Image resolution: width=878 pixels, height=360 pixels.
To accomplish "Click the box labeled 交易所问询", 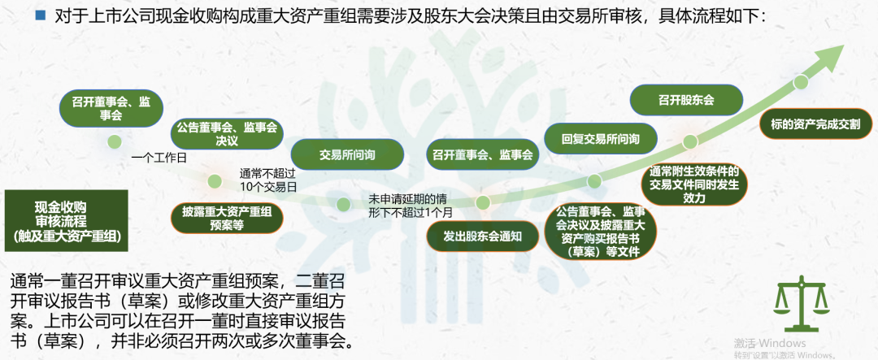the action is [347, 155].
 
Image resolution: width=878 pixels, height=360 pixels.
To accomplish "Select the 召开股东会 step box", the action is [686, 100].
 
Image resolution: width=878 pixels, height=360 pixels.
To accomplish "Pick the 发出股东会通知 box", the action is [482, 236].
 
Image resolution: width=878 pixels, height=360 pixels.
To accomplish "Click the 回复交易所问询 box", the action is [600, 138].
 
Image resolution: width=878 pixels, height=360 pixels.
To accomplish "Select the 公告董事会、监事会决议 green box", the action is [227, 133].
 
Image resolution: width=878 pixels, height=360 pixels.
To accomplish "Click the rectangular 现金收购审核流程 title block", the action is [67, 220].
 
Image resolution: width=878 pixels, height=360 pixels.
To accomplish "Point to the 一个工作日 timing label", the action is [159, 158].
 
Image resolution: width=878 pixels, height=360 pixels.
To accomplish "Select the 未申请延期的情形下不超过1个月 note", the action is [409, 205].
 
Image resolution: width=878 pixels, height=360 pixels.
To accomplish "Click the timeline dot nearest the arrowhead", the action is [802, 82].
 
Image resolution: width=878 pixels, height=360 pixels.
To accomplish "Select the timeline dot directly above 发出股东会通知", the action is [483, 202].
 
